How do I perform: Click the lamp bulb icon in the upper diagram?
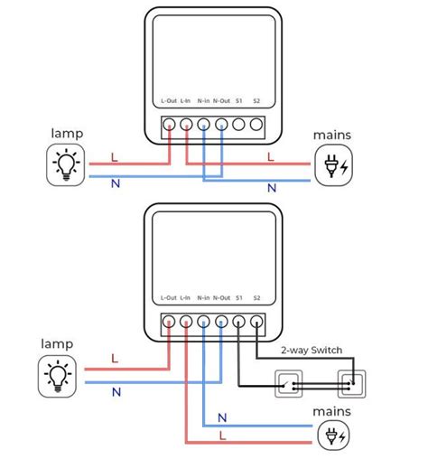[x=66, y=164]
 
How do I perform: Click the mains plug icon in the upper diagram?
[x=333, y=165]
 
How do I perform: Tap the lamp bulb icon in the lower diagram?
[x=57, y=376]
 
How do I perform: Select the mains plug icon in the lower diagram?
[x=334, y=436]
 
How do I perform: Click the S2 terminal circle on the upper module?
[x=256, y=125]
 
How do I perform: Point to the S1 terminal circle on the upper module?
[x=238, y=125]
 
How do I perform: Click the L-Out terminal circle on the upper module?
[x=169, y=125]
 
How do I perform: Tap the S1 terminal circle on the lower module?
[x=238, y=322]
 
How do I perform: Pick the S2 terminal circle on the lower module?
[x=256, y=322]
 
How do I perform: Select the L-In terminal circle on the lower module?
[x=186, y=322]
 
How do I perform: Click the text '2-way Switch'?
[x=312, y=351]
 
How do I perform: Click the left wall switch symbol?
[x=289, y=384]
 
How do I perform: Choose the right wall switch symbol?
[x=352, y=384]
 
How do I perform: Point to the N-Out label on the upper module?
[x=221, y=101]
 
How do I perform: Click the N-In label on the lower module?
[x=203, y=298]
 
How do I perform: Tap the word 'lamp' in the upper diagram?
[x=67, y=134]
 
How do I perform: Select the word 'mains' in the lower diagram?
[x=331, y=411]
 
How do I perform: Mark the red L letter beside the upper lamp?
[x=115, y=157]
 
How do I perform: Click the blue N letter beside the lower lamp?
[x=116, y=392]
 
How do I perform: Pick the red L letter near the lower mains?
[x=222, y=436]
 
